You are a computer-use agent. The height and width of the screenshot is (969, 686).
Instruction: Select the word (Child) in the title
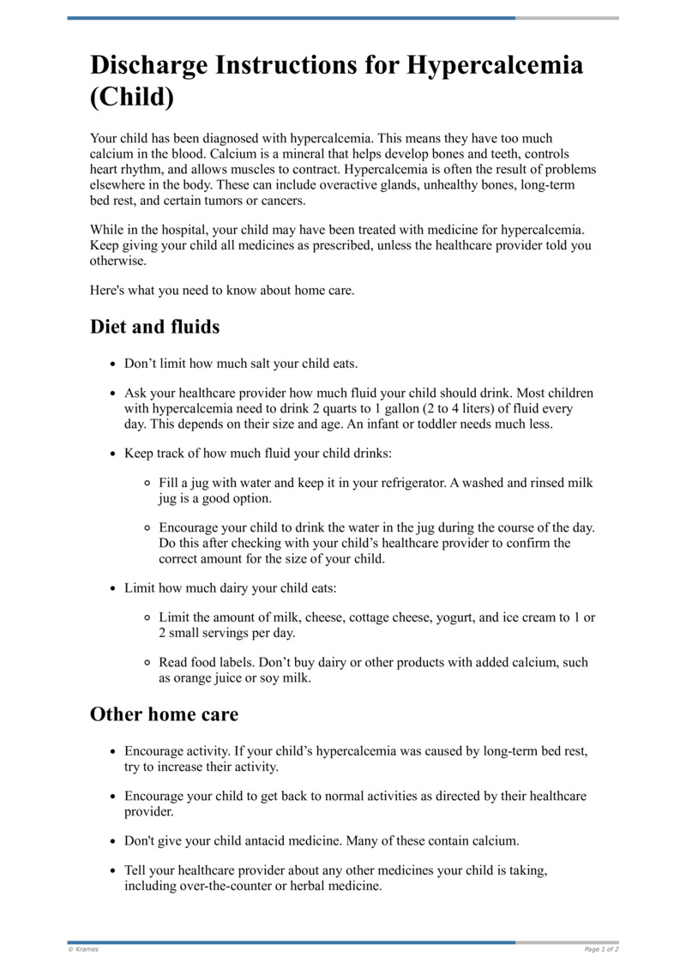(132, 97)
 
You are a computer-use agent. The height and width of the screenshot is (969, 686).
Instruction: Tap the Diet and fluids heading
(154, 327)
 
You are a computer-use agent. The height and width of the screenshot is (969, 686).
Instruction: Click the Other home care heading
(164, 714)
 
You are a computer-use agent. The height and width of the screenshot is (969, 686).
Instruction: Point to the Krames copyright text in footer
(83, 949)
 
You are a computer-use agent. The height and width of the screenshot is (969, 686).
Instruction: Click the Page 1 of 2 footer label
(601, 949)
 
